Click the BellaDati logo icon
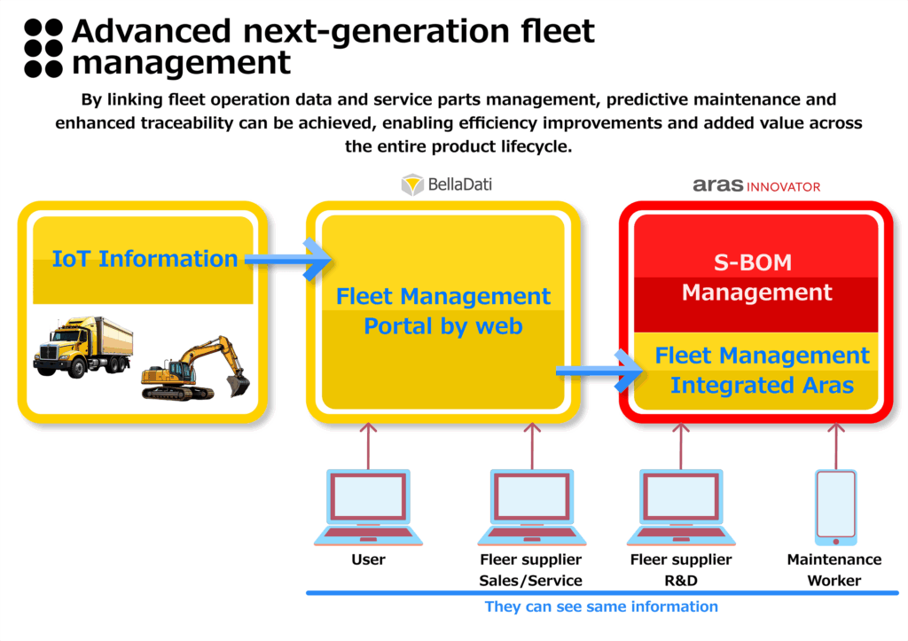coord(412,184)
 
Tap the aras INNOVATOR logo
coord(756,185)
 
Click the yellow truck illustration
coord(82,347)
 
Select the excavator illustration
coord(196,368)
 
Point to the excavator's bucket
coord(238,385)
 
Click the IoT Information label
coord(145,259)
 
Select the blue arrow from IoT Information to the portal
coord(288,260)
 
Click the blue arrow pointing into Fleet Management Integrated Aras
coord(599,371)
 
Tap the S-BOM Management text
coord(756,278)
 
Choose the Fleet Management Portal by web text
coord(443,311)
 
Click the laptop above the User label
coord(368,507)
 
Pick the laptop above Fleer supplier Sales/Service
coord(532,507)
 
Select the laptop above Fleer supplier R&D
coord(681,507)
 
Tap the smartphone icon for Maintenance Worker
coord(835,507)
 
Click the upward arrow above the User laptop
coord(368,446)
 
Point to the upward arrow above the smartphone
coord(835,446)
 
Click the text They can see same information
coord(601,606)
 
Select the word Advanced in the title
coord(152,31)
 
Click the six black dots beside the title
coord(43,48)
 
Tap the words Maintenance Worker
coord(834,570)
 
